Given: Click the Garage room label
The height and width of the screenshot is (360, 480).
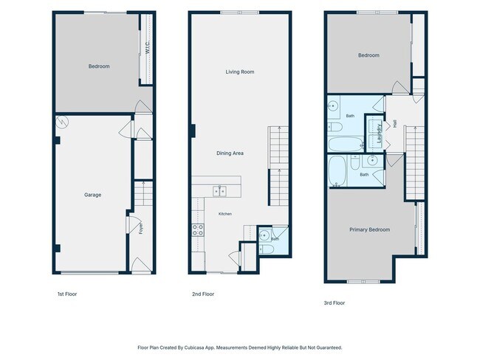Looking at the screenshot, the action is coord(92,195).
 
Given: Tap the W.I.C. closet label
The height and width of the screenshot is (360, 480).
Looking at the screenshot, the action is coord(148,47).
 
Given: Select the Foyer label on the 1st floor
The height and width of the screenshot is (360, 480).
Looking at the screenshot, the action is coord(141,229).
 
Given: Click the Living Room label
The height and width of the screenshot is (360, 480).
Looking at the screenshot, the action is coord(240,72).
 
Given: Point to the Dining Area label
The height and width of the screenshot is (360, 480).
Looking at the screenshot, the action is coord(230,153).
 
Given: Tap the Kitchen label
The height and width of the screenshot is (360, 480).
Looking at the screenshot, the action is coord(225,214).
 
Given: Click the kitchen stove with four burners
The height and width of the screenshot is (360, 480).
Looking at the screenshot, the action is coord(198,229).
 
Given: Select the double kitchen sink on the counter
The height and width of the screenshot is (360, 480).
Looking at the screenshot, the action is coord(219,191).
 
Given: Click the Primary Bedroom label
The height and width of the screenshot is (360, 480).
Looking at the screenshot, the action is coord(370,229).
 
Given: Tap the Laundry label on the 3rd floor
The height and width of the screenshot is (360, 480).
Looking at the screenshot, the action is coord(380,134).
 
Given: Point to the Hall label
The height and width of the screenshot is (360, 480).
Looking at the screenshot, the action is coord(395,124).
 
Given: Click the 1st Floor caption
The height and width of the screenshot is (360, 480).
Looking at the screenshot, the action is coord(67,294).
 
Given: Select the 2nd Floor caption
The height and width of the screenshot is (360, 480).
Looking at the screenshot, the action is coord(203,294).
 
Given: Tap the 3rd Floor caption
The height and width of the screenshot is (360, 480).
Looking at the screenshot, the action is coord(335,302).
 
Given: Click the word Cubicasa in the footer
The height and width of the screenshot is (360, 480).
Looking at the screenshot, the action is coord(194,347).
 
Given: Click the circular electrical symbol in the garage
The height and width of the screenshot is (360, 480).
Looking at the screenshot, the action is coord(63,122).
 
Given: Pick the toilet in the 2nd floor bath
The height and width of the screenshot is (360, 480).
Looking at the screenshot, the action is coord(267,249).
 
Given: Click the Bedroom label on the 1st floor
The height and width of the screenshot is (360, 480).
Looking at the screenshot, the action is coord(99,66).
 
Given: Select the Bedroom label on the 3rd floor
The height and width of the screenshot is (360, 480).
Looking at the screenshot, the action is coord(368,55).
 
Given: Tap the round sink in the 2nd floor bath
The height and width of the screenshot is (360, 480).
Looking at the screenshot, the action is coord(264,235).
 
